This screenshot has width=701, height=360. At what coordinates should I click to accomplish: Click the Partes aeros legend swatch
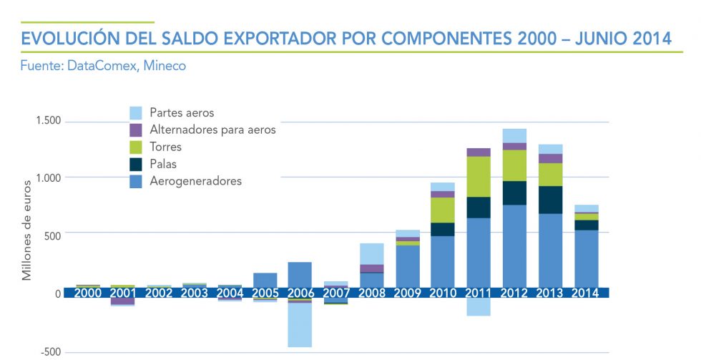click(x=135, y=113)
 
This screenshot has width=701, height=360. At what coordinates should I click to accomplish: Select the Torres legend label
click(x=166, y=147)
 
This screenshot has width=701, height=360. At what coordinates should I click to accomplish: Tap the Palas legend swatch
click(x=135, y=165)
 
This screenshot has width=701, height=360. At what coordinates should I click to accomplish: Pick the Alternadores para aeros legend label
click(x=212, y=130)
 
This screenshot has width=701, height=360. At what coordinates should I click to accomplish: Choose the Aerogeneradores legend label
click(x=195, y=182)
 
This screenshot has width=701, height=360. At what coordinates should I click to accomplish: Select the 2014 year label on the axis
click(x=587, y=293)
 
